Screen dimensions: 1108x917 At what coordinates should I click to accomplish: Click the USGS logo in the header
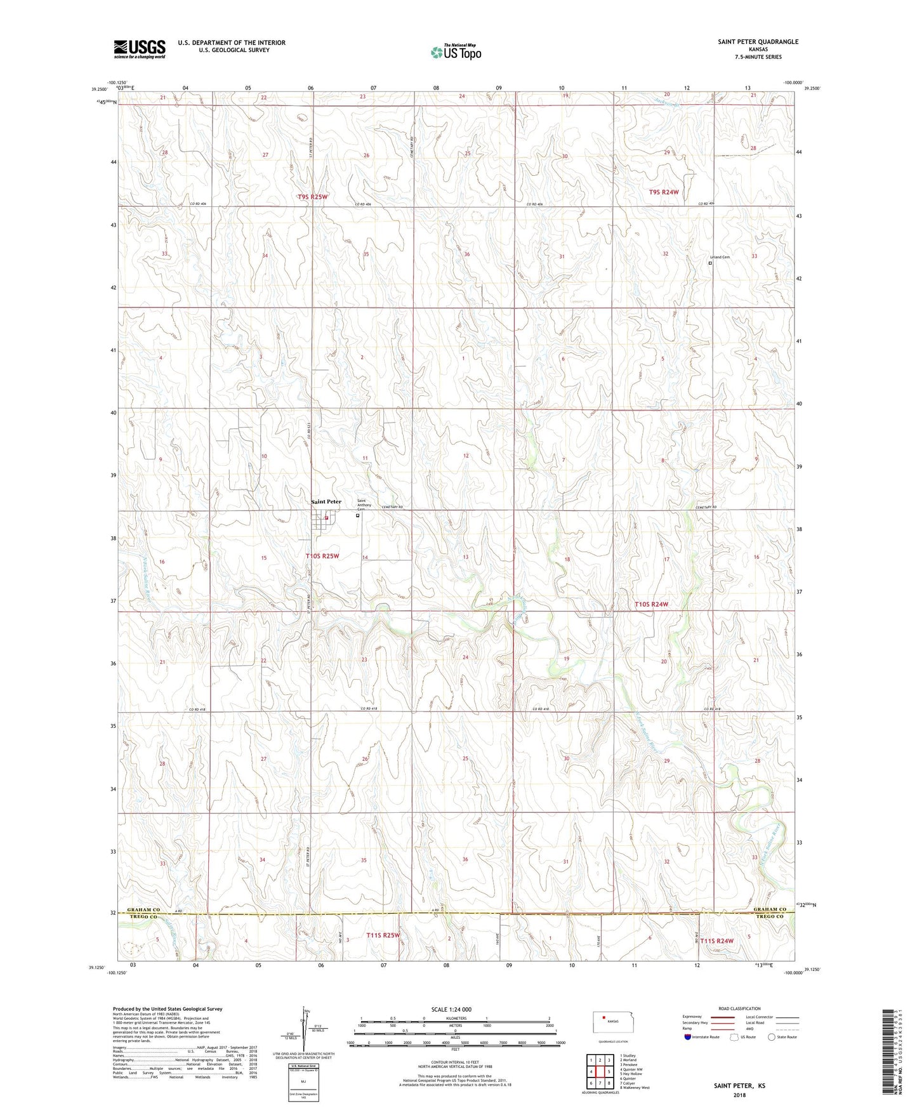coord(140,48)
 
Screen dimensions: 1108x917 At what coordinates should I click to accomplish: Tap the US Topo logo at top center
coord(456,52)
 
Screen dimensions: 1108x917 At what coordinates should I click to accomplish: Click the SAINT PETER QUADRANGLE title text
coord(758,42)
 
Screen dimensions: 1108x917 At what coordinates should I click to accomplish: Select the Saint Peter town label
coord(326,502)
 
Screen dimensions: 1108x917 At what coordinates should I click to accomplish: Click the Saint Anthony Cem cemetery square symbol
coord(357,516)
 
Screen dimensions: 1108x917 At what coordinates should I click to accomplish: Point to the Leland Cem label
coord(720,257)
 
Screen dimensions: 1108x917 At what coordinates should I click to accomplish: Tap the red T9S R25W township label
coord(313,197)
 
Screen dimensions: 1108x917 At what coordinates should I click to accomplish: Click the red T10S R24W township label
coord(651,605)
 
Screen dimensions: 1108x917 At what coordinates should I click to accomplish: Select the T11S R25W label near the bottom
coord(383,935)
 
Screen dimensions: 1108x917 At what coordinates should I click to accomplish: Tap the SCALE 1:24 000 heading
coord(451,1009)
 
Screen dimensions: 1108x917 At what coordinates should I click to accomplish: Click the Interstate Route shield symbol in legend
coord(688,1038)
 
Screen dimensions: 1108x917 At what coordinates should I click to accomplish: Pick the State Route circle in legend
coord(772,1038)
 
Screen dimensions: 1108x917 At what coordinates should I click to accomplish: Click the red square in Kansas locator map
coord(604,1020)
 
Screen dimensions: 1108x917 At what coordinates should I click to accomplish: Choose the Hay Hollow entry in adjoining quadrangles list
coord(635,1074)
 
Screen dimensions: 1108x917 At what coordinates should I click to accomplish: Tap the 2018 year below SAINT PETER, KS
coord(739,1095)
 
